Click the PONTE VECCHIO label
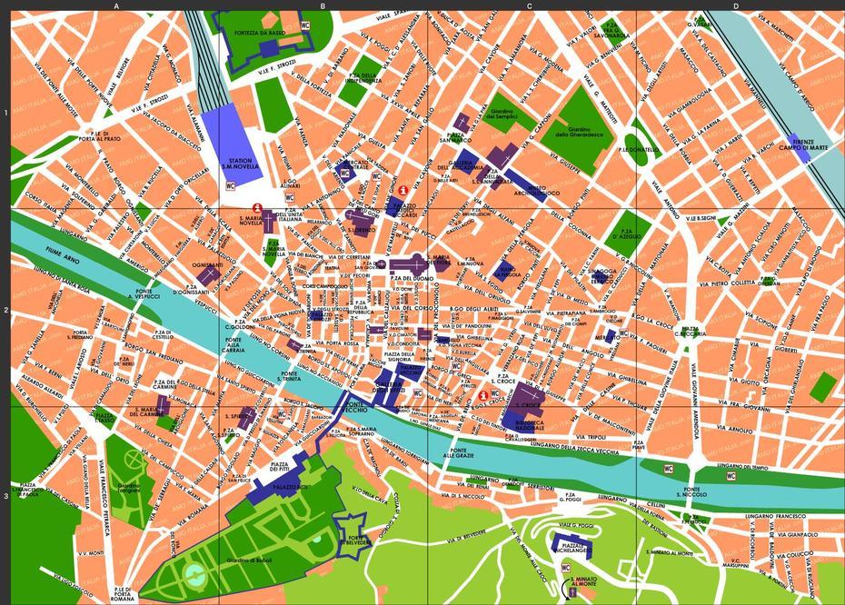coord(357,406)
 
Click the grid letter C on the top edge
coord(530,5)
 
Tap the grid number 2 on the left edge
coord(5,311)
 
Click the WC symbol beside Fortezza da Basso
coord(305,25)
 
